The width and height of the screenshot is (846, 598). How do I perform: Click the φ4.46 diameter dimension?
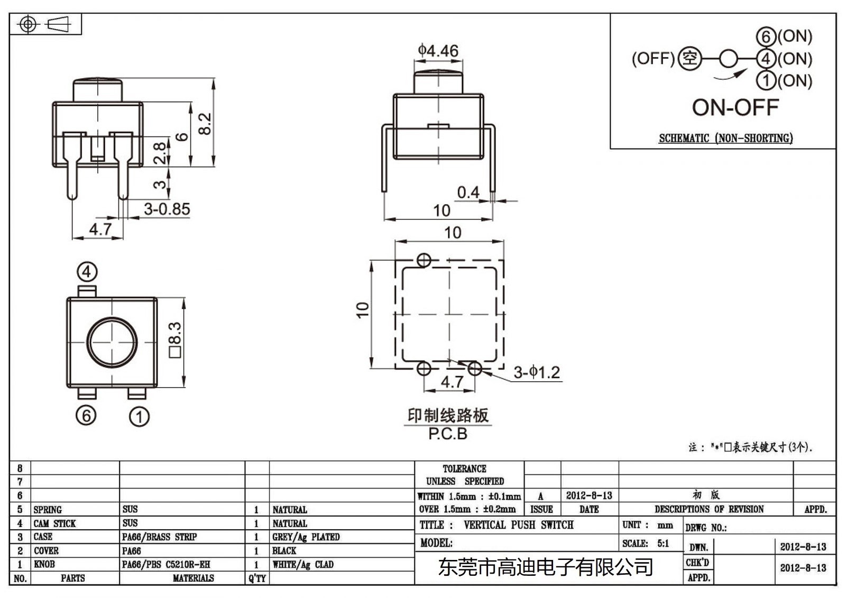pyautogui.click(x=438, y=51)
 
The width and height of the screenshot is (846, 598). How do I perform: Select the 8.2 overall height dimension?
pyautogui.click(x=206, y=123)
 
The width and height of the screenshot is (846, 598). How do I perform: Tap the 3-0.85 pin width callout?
pyautogui.click(x=167, y=209)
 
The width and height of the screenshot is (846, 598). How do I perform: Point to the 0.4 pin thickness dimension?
pyautogui.click(x=468, y=192)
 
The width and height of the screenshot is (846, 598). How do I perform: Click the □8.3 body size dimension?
pyautogui.click(x=175, y=340)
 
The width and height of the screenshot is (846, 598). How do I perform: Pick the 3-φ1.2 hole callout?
pyautogui.click(x=537, y=372)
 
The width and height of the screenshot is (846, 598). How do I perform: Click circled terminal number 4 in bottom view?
pyautogui.click(x=87, y=272)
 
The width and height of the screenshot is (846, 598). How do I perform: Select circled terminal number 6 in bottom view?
pyautogui.click(x=86, y=416)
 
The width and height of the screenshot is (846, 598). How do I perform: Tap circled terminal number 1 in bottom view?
pyautogui.click(x=139, y=417)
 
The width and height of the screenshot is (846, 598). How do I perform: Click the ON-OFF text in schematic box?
pyautogui.click(x=735, y=107)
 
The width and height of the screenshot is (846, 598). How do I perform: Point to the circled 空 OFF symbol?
pyautogui.click(x=689, y=58)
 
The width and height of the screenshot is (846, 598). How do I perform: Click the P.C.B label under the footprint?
pyautogui.click(x=448, y=434)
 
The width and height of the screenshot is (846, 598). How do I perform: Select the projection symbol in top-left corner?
pyautogui.click(x=45, y=24)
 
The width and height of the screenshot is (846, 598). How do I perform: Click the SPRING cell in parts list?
pyautogui.click(x=48, y=510)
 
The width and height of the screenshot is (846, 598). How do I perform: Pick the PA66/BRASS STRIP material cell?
pyautogui.click(x=159, y=537)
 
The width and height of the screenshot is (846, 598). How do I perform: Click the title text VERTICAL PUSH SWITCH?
pyautogui.click(x=518, y=525)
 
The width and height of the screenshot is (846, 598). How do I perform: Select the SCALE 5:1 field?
pyautogui.click(x=646, y=544)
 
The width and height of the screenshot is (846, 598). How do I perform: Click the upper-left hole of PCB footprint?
pyautogui.click(x=424, y=260)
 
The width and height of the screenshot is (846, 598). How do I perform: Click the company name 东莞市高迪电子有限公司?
pyautogui.click(x=546, y=567)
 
